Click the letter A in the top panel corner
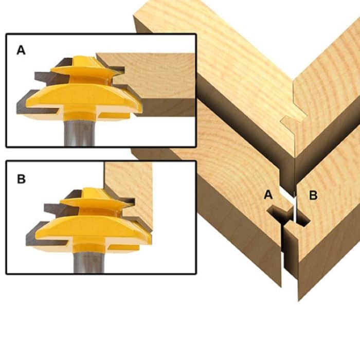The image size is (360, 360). (x=21, y=50)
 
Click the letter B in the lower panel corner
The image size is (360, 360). (x=21, y=179)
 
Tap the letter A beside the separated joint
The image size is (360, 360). (x=267, y=194)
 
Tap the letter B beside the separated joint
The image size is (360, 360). (x=313, y=195)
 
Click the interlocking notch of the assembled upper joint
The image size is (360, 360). (x=291, y=123)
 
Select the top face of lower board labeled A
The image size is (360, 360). (x=226, y=170)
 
